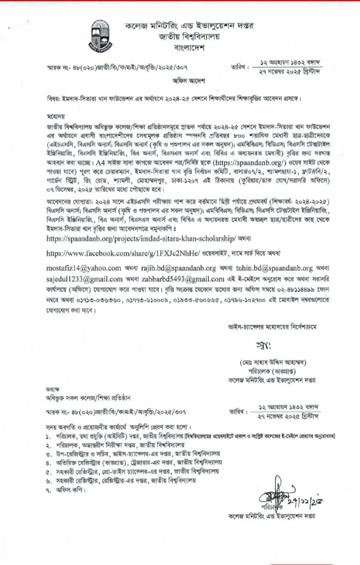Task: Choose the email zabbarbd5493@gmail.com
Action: pyautogui.click(x=183, y=279)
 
